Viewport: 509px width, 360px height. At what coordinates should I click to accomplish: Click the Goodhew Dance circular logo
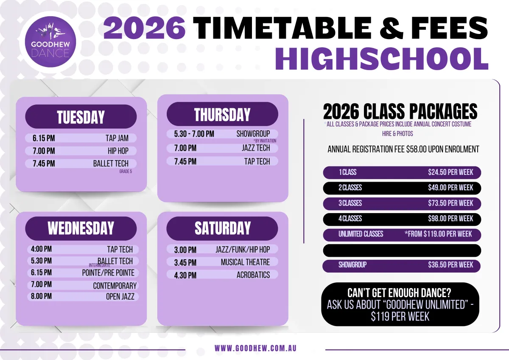coord(50,42)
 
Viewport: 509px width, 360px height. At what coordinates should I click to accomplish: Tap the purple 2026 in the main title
coord(145,28)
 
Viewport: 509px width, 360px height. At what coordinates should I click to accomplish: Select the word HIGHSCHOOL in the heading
coord(381,59)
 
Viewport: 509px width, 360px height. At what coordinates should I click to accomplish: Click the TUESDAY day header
coord(81,117)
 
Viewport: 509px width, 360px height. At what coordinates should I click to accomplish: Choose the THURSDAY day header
coord(222,114)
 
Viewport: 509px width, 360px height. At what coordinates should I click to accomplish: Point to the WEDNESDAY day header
coord(81,228)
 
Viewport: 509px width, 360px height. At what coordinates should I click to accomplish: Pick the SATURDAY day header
coord(222,228)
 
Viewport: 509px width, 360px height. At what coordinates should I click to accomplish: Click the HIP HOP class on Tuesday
coord(118,151)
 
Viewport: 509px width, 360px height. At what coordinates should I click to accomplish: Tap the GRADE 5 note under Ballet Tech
coord(126,171)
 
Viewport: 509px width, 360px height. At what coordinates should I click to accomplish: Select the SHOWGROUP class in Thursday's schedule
coord(253,134)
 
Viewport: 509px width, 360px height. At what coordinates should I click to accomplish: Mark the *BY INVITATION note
coord(265,141)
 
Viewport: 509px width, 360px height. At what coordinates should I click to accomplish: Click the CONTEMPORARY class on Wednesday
coord(115,286)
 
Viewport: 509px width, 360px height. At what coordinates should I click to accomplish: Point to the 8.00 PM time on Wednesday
coord(42,296)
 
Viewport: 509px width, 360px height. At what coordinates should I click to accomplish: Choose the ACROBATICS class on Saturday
coord(253,275)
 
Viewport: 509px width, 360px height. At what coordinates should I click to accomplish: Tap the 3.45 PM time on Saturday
coord(185,263)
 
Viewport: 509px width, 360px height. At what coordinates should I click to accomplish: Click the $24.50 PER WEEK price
coord(450,172)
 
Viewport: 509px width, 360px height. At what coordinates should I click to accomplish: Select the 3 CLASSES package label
coord(350,203)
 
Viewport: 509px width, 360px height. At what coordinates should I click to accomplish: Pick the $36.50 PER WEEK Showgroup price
coord(450,265)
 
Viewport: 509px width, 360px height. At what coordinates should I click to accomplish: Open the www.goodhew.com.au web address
coord(255,349)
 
